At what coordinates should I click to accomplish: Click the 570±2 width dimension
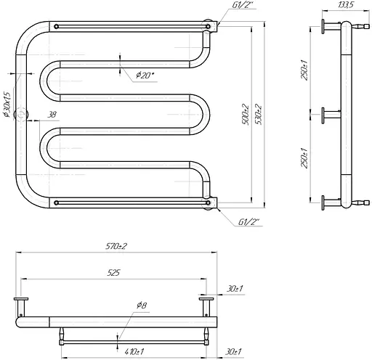pos(116,246)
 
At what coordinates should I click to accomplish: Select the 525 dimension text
pos(113,273)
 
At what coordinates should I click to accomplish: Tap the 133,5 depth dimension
pos(346,5)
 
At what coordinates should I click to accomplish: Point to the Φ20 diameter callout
pos(145,75)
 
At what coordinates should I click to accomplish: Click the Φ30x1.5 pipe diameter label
pos(7,105)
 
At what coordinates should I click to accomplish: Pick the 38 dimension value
pos(52,115)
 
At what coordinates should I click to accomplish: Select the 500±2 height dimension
pos(246,114)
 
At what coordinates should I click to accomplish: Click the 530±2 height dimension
pos(259,114)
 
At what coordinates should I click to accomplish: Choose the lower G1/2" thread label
pos(248,221)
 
